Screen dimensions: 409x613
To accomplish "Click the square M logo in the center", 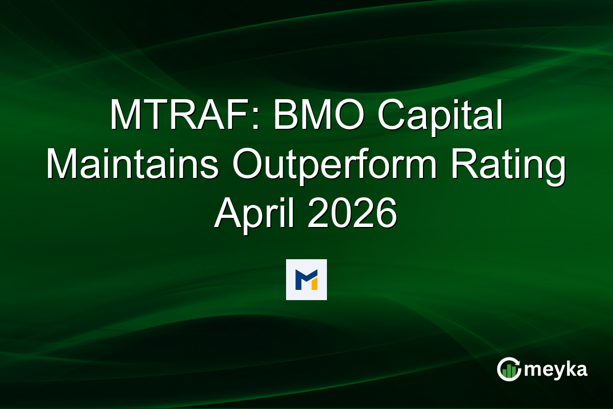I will click(x=306, y=279).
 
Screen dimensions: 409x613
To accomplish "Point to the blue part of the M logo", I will click(x=302, y=279).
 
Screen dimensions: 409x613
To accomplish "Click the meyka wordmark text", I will click(x=556, y=370).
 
